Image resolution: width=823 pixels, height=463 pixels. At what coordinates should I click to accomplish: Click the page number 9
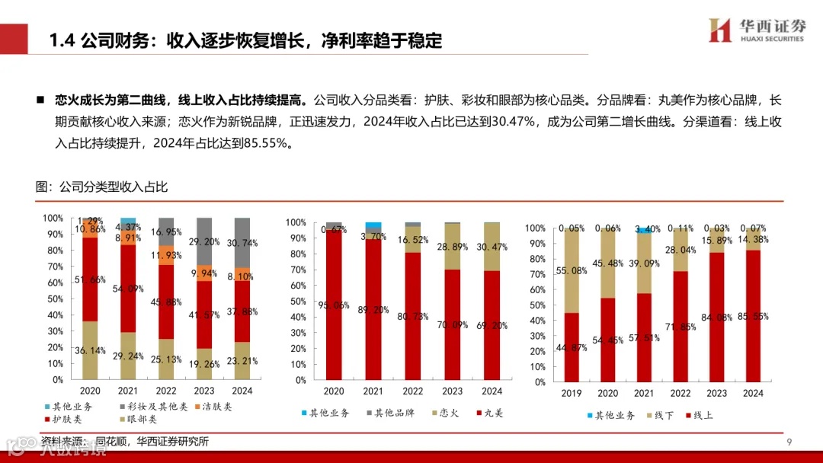coord(789,442)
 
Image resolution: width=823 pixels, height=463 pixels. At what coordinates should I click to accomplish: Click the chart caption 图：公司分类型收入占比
coord(101,186)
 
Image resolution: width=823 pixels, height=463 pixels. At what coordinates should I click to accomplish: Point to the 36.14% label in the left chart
coord(91,350)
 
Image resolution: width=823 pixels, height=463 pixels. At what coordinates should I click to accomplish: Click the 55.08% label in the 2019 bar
coord(572,270)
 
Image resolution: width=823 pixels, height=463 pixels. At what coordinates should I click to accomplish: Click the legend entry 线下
coord(661,415)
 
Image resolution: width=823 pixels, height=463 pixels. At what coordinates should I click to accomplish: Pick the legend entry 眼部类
coord(139,420)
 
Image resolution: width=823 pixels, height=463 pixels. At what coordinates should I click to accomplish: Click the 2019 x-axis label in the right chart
coord(572,393)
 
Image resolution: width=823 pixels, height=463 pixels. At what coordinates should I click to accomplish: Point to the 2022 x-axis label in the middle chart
coord(413,391)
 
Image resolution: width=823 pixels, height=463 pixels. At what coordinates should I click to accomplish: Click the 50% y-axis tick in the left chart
coord(53,299)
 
